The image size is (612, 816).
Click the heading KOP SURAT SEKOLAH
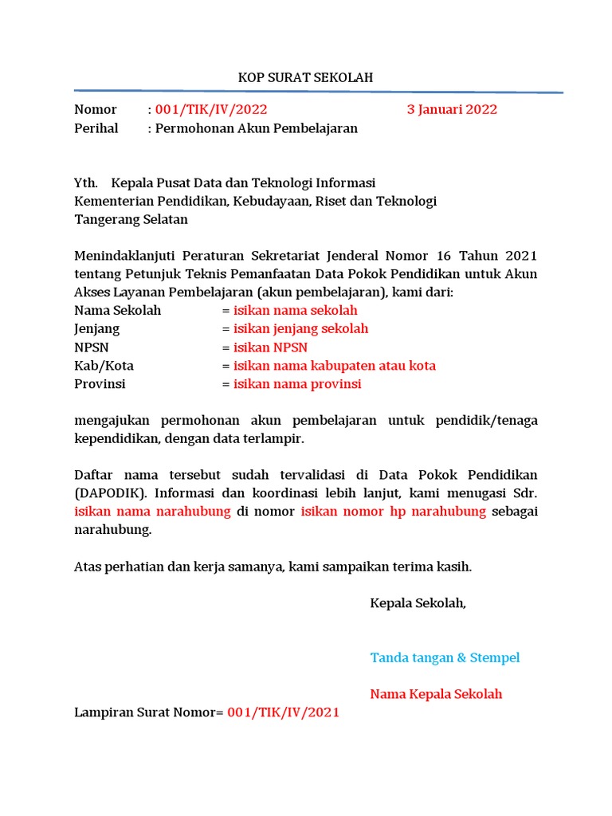click(306, 77)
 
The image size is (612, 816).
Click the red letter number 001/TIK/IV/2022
click(211, 110)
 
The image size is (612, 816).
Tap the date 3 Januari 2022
click(452, 110)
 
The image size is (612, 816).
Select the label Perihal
click(96, 128)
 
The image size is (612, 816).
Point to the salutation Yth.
click(86, 183)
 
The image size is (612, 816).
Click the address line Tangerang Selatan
click(131, 220)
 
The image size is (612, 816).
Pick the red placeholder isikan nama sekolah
click(295, 311)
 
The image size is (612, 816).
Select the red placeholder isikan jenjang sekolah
click(300, 329)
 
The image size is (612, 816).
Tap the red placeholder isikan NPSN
click(270, 347)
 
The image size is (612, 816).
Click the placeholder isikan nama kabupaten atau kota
click(334, 366)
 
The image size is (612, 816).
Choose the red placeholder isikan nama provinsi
click(297, 384)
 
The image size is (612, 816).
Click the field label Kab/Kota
click(104, 366)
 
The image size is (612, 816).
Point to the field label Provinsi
click(100, 384)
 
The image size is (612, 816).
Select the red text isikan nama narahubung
click(152, 512)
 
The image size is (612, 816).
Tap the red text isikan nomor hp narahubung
click(393, 512)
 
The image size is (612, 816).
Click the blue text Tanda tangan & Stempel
click(445, 657)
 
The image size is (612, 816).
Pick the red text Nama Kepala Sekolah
click(436, 694)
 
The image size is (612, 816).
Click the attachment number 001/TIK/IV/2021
click(283, 712)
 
